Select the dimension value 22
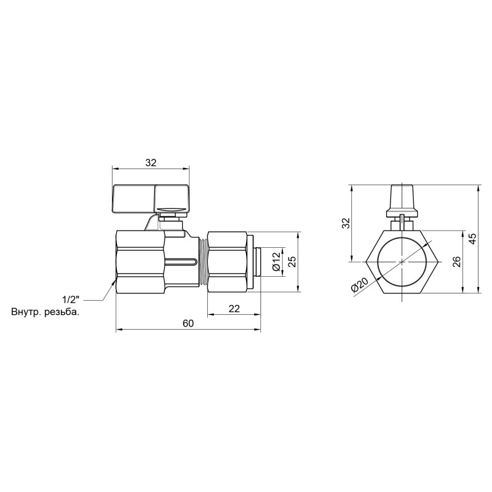tap(234, 309)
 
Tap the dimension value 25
tap(293, 262)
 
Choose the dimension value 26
tap(456, 262)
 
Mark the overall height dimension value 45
tap(473, 239)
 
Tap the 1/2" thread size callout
tap(72, 300)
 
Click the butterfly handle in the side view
tap(150, 198)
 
